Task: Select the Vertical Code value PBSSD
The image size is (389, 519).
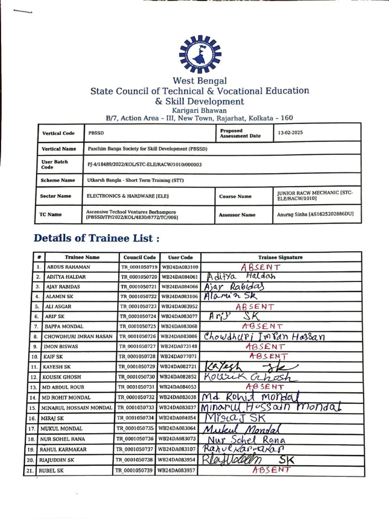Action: [x=95, y=133]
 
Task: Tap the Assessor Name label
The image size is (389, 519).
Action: [x=237, y=215]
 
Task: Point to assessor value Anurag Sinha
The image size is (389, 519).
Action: [x=315, y=215]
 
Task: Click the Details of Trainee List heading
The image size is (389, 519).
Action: [x=97, y=238]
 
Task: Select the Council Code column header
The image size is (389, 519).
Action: [x=139, y=257]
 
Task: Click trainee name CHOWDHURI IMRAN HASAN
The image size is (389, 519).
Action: [x=78, y=336]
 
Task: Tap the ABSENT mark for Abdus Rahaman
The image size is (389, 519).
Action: [x=261, y=267]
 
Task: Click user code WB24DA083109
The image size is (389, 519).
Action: [x=180, y=267]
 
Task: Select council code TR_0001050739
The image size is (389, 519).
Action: [x=136, y=470]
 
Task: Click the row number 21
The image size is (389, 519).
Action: [x=38, y=471]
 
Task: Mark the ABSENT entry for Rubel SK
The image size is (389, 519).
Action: [x=271, y=470]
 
